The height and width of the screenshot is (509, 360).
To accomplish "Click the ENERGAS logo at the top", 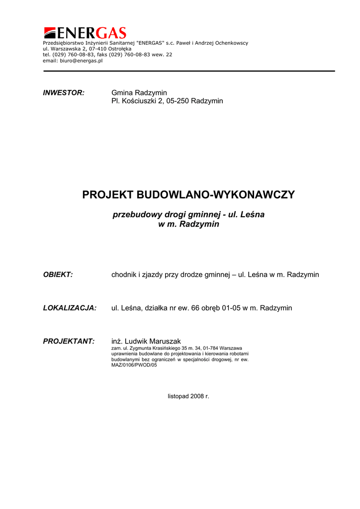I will (x=85, y=33).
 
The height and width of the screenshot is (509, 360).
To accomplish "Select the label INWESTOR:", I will (x=64, y=93).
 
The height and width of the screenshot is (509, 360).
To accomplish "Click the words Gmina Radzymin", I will (x=139, y=93).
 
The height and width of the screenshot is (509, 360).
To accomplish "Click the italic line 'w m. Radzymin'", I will (x=188, y=224).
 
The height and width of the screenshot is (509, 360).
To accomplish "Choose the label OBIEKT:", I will (x=58, y=274).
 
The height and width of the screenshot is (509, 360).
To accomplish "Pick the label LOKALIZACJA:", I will (x=70, y=308).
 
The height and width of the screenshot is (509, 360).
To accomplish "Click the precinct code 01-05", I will (x=232, y=308).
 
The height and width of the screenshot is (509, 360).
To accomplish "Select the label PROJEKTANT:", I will (x=69, y=341).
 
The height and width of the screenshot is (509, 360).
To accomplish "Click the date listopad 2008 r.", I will (x=188, y=397).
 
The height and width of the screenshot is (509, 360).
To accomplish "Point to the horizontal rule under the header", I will (x=189, y=71).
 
